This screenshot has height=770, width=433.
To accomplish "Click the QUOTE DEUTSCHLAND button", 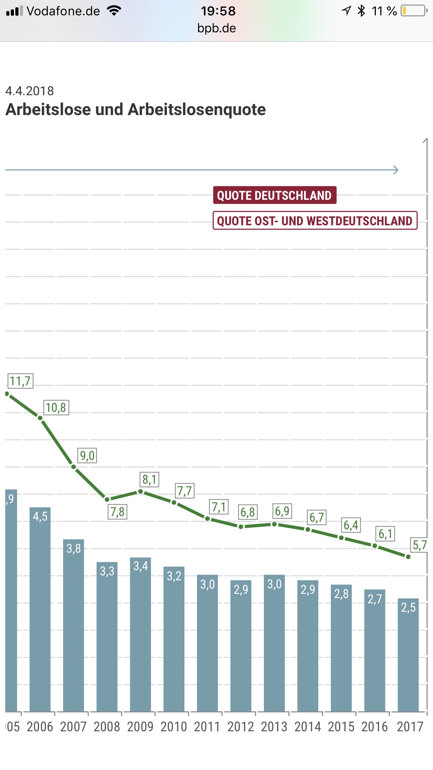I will [x=274, y=195].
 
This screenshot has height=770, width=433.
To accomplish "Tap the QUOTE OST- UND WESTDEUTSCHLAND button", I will [x=315, y=221].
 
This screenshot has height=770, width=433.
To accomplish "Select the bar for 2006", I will [x=40, y=610].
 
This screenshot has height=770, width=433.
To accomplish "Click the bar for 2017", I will [x=408, y=656].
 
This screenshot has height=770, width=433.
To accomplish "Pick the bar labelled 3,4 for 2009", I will [x=140, y=635].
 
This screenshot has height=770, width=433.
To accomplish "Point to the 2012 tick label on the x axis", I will [x=241, y=727].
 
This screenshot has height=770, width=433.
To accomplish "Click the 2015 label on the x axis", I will [x=341, y=727].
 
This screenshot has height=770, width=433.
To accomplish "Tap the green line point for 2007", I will [x=74, y=467].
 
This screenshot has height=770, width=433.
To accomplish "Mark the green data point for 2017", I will [x=408, y=557].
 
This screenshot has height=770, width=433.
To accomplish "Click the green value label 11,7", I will [x=20, y=381].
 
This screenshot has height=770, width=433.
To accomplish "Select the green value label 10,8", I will [x=56, y=408].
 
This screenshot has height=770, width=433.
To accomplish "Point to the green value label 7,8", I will [x=117, y=512].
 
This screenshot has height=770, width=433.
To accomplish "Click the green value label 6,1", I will [x=386, y=534].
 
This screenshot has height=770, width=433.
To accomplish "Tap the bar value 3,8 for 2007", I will [x=74, y=549].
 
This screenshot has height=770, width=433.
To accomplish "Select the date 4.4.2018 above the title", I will [x=30, y=91].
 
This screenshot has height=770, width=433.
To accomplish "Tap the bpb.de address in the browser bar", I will [x=216, y=28].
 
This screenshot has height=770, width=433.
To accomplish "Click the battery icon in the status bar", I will [x=414, y=11].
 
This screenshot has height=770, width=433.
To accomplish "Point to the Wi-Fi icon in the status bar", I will [x=114, y=10].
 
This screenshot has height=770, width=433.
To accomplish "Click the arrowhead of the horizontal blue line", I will [x=396, y=170].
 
